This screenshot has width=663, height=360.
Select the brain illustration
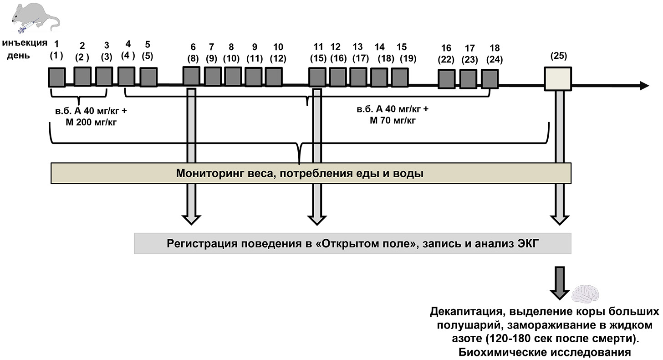[587, 294]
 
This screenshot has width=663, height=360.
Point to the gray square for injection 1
[57, 77]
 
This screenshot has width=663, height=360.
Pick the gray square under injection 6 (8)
[191, 76]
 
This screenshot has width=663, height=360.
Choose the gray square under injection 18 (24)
[490, 78]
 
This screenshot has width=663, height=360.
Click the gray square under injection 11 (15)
[317, 77]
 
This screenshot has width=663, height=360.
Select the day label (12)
[278, 58]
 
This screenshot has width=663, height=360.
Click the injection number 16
[446, 48]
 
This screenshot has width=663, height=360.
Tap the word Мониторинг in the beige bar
[201, 174]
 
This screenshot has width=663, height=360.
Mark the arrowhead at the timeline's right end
[643, 86]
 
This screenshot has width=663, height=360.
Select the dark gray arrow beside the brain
[558, 283]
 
